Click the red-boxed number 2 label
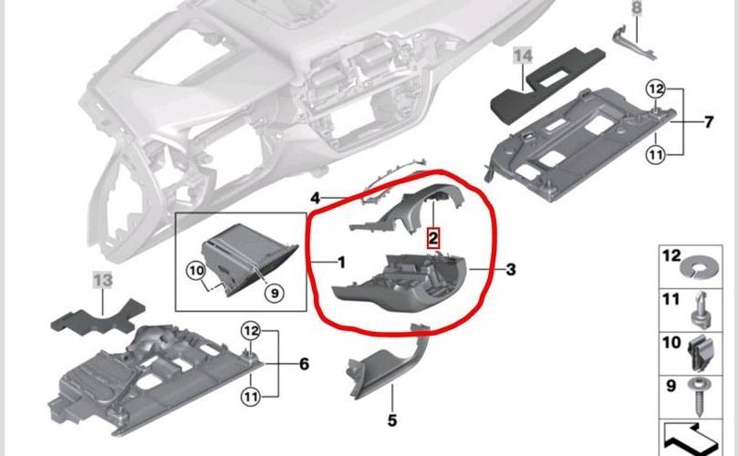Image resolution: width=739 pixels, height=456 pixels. [x=432, y=238]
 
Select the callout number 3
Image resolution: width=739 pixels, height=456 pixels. [x=511, y=269]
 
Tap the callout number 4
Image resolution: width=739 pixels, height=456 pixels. [x=316, y=198]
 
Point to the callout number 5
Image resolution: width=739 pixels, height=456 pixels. [x=392, y=420]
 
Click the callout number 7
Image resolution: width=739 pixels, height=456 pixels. [x=709, y=122]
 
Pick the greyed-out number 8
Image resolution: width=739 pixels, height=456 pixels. [x=637, y=7]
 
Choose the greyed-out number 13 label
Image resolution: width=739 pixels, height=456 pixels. [x=103, y=281]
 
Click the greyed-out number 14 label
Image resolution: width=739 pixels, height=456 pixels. [x=523, y=56]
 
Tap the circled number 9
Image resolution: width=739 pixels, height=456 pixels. [x=275, y=293]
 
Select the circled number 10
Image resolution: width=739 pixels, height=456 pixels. [x=196, y=270]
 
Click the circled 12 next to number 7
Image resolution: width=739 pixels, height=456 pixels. [x=656, y=89]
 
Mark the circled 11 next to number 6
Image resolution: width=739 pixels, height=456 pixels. [x=251, y=397]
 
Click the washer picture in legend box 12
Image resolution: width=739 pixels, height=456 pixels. [x=701, y=267]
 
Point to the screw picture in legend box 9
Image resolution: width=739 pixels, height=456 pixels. [x=700, y=396]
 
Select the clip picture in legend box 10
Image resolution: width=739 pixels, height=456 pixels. [x=701, y=352]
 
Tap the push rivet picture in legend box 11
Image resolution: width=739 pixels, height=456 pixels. [x=701, y=309]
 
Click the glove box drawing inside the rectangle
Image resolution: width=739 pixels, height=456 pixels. [x=250, y=259]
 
